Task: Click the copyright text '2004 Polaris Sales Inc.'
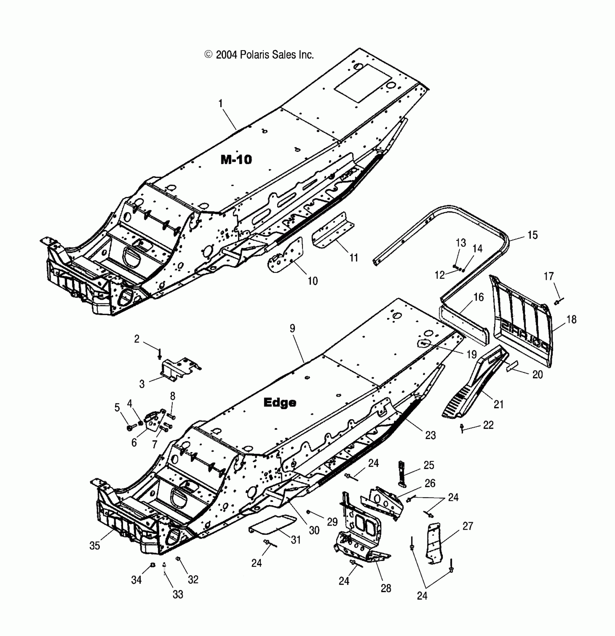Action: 259,55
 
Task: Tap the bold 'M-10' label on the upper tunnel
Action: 236,160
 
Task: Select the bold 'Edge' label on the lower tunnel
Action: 280,402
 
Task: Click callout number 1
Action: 220,104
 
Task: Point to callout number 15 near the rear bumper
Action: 533,235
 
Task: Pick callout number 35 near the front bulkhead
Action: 94,546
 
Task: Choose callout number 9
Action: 292,328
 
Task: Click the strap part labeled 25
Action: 402,472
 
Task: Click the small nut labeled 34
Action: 153,565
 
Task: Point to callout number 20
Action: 538,374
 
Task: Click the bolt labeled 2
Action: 159,353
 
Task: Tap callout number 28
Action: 386,588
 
